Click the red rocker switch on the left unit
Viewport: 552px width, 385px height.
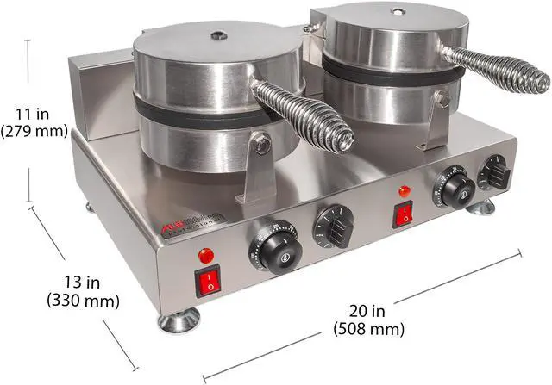click(208, 281)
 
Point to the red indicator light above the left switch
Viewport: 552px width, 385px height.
click(206, 256)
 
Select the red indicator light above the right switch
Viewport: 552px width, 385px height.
click(402, 190)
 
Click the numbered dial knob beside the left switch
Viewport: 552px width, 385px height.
click(273, 247)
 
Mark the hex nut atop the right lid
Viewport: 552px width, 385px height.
click(397, 12)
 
